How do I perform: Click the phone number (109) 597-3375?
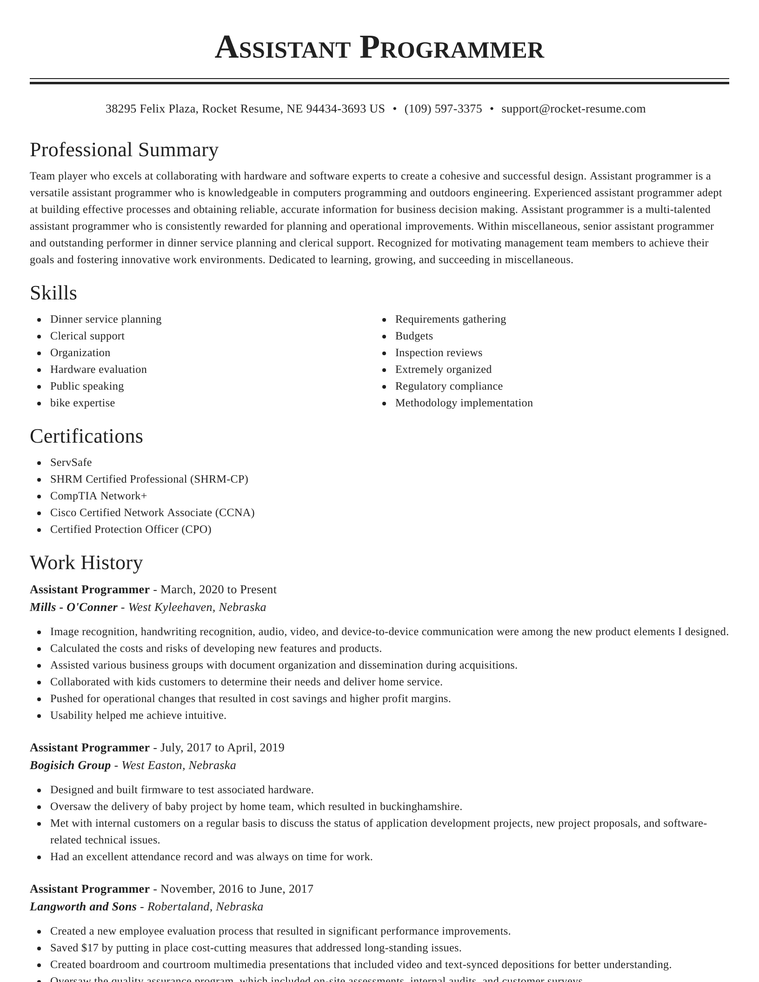point(443,109)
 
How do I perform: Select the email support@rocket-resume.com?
point(573,109)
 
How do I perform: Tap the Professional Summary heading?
point(124,150)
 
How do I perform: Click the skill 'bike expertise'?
point(82,403)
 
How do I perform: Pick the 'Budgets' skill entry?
point(414,336)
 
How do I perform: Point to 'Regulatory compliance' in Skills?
point(449,386)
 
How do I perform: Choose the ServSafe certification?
point(71,463)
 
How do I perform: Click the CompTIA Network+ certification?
point(99,496)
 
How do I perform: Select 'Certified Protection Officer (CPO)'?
point(131,530)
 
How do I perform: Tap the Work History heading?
point(86,563)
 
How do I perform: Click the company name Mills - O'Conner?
point(73,607)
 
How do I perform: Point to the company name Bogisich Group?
point(70,765)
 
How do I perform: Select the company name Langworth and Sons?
point(83,907)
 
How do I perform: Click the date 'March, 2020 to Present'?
point(218,590)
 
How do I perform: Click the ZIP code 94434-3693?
point(336,109)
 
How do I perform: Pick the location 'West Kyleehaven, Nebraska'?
point(197,607)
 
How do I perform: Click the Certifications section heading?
point(86,437)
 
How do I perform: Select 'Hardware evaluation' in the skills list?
point(98,370)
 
